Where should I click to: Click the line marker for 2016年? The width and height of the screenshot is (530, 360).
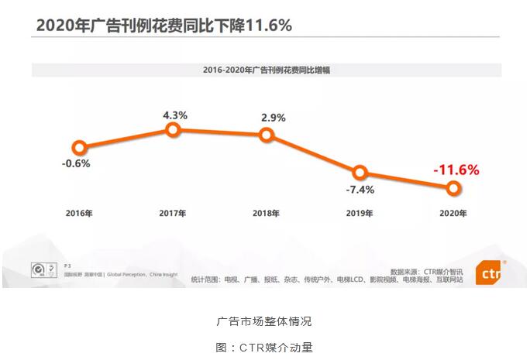tap(78, 147)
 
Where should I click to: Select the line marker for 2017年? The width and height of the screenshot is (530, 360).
tap(174, 130)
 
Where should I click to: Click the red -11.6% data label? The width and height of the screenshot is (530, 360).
tap(456, 169)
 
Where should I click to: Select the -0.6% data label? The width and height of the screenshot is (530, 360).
tap(77, 163)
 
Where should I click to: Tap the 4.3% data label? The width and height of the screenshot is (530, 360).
tap(174, 115)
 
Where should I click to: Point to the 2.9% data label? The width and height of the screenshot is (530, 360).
tap(274, 118)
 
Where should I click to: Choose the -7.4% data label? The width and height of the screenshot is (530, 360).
tap(360, 189)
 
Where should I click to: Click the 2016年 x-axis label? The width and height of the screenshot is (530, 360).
tap(78, 213)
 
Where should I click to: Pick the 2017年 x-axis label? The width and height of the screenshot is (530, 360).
tap(172, 213)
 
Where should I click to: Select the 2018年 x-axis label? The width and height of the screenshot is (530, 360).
tap(266, 213)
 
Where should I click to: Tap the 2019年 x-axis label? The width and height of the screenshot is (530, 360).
tap(360, 213)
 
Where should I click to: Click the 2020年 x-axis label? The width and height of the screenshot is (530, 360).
tap(453, 213)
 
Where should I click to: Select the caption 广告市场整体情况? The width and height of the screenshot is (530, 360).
tap(264, 321)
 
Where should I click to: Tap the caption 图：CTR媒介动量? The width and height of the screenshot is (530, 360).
tap(264, 348)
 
